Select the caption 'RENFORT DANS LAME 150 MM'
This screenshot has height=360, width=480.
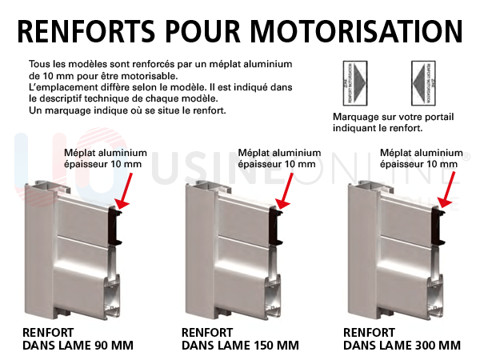(x=240, y=338)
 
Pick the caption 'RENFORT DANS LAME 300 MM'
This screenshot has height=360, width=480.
(x=402, y=338)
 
